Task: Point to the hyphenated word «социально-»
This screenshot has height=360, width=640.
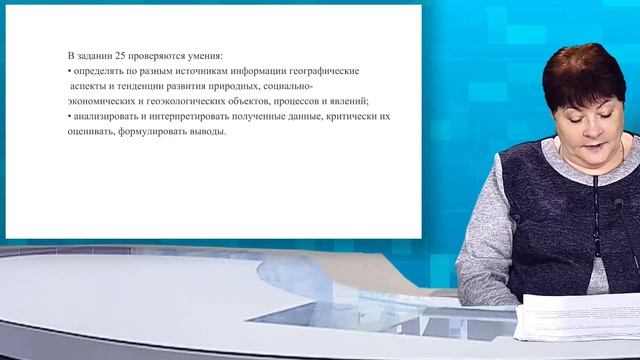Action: coord(284,87)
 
